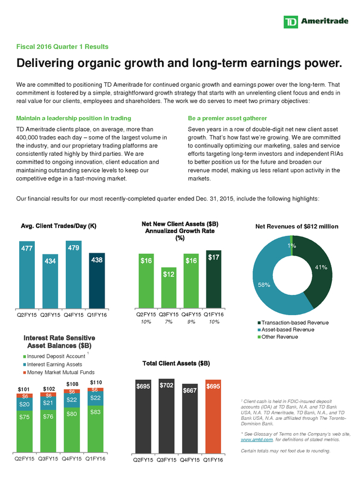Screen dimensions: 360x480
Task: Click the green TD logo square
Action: tap(291, 22)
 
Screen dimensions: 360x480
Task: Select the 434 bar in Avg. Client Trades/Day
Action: tap(50, 281)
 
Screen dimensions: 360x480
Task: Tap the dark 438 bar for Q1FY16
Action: tap(97, 281)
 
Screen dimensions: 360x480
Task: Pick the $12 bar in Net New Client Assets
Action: tap(169, 288)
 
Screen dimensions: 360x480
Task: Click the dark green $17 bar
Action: tap(214, 279)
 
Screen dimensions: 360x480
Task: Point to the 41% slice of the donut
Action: tap(317, 270)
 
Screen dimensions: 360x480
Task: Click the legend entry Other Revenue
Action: tap(278, 337)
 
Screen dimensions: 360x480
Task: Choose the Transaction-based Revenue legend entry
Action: tap(293, 322)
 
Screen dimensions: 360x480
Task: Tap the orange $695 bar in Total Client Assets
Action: tap(213, 416)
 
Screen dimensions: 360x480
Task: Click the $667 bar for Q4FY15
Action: tap(190, 419)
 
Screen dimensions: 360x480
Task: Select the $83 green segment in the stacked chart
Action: tap(96, 429)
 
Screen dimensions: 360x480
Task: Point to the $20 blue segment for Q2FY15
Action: tap(25, 404)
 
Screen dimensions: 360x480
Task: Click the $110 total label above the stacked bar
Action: tap(96, 382)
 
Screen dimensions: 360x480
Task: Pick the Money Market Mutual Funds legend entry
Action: tap(58, 373)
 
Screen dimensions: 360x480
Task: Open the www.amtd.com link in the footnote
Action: tap(256, 439)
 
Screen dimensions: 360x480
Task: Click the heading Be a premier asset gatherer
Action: tap(227, 118)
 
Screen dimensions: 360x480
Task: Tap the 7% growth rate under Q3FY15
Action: tap(168, 322)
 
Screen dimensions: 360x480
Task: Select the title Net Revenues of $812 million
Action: tap(296, 227)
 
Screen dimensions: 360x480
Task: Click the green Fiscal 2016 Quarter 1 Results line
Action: tap(62, 47)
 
